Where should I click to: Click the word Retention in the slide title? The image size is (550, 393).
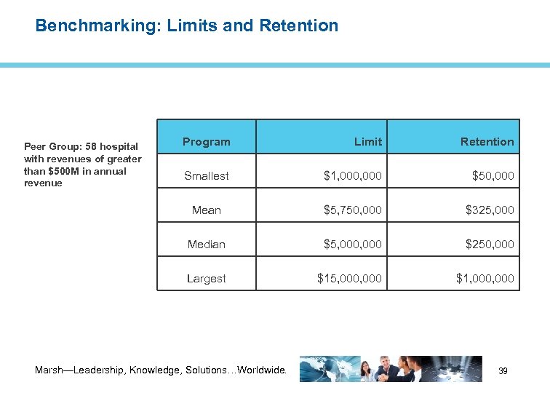tap(303, 26)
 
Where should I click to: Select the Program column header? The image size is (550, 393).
tap(206, 142)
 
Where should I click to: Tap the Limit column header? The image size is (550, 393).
tap(367, 142)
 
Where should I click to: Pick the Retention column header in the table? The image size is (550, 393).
tap(487, 142)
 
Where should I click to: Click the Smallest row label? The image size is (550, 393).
tap(206, 175)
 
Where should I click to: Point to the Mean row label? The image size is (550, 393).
tap(206, 210)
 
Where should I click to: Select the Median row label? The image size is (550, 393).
tap(206, 244)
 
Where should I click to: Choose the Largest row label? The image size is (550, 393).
tap(206, 278)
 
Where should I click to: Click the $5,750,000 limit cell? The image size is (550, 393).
tap(352, 210)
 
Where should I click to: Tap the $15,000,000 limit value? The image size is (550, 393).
tap(349, 278)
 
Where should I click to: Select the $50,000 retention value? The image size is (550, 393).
tap(493, 175)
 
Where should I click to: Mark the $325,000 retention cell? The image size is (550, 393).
tap(490, 210)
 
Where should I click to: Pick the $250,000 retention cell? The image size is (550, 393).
tap(490, 244)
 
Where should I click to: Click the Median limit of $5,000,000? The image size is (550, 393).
tap(352, 244)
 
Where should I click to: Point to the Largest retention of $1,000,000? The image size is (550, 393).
tap(485, 278)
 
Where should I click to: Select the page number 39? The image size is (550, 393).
tap(503, 371)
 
